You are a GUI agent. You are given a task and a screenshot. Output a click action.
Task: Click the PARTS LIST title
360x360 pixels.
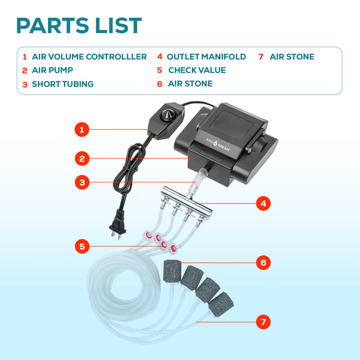pos(79,25)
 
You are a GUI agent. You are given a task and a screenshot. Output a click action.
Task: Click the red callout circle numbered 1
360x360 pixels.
pos(83,129)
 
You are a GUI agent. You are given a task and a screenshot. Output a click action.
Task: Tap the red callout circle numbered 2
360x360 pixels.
pos(83,159)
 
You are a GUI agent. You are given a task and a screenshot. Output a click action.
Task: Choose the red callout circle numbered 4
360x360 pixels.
pos(262,203)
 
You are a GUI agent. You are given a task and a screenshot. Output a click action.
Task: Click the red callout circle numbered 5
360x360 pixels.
pos(83,246)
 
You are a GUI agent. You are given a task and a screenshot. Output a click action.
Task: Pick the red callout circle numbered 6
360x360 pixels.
pos(262,262)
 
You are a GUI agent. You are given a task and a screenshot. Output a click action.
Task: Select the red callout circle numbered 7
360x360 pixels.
pos(262,322)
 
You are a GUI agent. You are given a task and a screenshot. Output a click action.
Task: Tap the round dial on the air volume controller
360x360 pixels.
pos(164,114)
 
